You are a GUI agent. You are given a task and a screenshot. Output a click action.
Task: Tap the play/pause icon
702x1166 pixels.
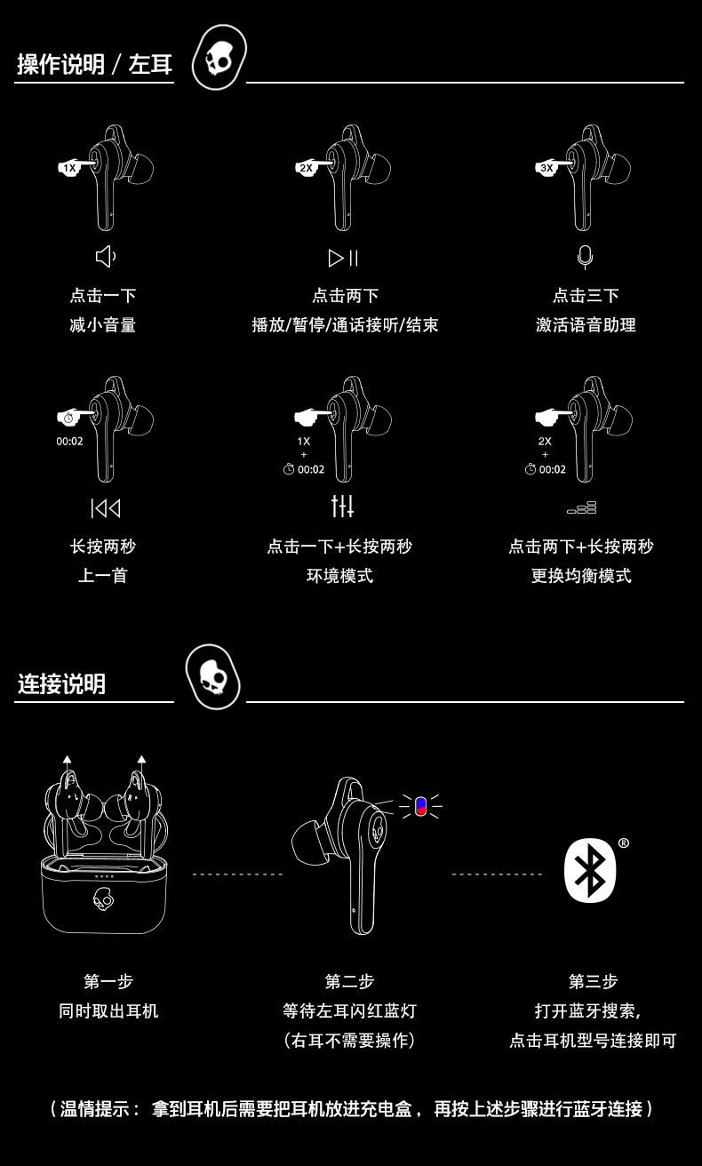343,258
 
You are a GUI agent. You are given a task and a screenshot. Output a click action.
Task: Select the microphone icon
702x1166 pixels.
585,257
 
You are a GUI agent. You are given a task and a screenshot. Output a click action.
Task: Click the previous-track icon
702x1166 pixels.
105,508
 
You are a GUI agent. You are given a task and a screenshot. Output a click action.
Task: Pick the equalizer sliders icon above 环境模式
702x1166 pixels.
342,507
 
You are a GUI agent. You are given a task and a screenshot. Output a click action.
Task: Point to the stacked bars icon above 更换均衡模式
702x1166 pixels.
582,508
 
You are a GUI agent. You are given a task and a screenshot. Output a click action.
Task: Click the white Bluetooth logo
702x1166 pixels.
590,870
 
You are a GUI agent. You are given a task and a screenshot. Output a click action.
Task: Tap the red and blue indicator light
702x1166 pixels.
420,806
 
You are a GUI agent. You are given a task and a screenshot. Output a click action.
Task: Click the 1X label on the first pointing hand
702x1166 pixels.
69,168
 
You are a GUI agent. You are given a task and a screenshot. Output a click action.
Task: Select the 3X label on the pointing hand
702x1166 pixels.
546,168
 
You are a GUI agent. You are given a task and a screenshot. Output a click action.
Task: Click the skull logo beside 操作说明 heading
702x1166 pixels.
219,59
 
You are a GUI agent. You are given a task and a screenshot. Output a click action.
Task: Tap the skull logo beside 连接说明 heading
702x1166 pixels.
213,677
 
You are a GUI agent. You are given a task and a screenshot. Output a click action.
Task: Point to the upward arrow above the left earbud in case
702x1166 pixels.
68,762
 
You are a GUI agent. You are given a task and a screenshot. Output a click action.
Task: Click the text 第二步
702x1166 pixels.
349,981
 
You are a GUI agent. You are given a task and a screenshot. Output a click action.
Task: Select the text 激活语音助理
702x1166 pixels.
586,325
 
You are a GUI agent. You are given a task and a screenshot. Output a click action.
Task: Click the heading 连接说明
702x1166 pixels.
61,683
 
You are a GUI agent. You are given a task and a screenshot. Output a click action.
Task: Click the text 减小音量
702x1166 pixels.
103,325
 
